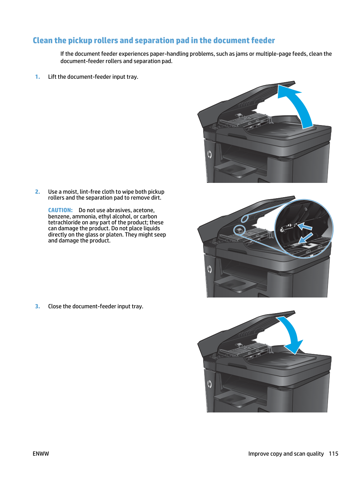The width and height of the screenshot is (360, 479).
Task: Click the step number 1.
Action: [38, 77]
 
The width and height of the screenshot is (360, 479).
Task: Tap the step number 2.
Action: [38, 192]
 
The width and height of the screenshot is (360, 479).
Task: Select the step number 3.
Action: [38, 306]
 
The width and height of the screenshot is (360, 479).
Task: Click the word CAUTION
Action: [60, 210]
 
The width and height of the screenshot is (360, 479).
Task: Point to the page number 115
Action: [334, 454]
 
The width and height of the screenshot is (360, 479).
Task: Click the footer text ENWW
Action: [41, 454]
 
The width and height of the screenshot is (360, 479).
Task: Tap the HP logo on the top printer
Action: [209, 155]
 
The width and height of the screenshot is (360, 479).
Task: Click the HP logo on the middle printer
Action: [209, 269]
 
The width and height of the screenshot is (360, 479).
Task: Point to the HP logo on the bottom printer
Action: [209, 384]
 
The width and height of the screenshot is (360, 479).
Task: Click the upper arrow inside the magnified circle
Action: [305, 226]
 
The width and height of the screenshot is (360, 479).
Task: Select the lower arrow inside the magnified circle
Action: [305, 238]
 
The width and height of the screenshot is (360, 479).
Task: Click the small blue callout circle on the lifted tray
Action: [245, 218]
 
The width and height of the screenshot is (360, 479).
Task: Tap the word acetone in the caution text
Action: [144, 210]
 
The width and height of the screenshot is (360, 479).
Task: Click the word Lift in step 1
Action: [52, 77]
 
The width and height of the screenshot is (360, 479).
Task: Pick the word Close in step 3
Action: [55, 306]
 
